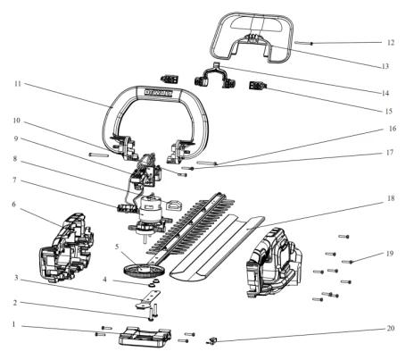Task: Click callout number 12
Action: [x=391, y=43]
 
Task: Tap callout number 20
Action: [x=391, y=328]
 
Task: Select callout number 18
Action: [x=391, y=198]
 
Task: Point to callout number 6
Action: [x=13, y=205]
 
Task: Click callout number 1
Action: [x=13, y=324]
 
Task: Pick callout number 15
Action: [x=389, y=112]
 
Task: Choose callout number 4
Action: [x=104, y=280]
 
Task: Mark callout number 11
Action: [x=18, y=84]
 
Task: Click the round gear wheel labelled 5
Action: [x=144, y=269]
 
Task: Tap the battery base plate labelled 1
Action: [x=145, y=336]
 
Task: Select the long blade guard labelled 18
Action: [x=217, y=248]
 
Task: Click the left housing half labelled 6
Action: [x=67, y=247]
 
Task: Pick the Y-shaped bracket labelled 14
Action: [x=214, y=76]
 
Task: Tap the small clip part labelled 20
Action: [x=212, y=340]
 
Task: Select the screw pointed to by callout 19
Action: [x=347, y=262]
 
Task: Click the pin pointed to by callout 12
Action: [x=303, y=43]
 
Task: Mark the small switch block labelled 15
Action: [x=258, y=86]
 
